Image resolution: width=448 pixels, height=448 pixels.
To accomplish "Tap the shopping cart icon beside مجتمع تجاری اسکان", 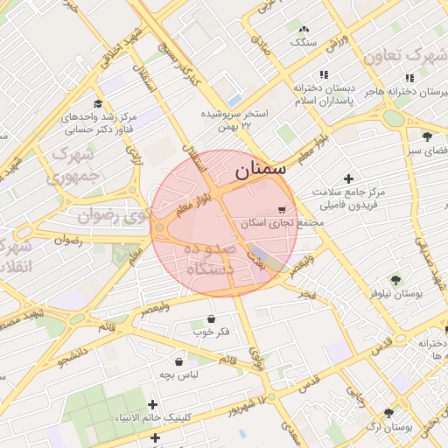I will click(x=281, y=210).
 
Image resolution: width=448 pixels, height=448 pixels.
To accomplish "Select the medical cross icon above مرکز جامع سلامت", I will click(x=349, y=178).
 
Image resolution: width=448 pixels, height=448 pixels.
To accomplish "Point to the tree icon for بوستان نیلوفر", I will click(x=396, y=280).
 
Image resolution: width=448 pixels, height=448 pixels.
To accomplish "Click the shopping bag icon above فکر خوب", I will click(x=211, y=319).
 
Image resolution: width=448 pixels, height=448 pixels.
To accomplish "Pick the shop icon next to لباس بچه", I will click(x=179, y=361).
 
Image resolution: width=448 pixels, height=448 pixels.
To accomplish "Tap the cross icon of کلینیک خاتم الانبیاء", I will click(x=154, y=404).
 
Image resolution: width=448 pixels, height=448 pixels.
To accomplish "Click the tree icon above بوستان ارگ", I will click(x=388, y=413).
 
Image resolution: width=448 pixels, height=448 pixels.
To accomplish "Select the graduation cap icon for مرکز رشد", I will click(x=97, y=103).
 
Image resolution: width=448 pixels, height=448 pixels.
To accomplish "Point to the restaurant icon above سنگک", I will click(x=303, y=27).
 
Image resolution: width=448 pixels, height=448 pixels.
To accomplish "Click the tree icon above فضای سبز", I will click(x=427, y=136).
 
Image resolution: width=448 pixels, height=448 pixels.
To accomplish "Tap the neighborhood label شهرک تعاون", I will click(x=404, y=55).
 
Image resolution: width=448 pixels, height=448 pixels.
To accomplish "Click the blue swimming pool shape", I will click(x=234, y=100).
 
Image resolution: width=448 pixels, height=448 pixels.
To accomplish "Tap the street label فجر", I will click(x=306, y=293).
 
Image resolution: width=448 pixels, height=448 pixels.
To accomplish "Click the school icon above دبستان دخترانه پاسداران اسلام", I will click(x=324, y=75).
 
